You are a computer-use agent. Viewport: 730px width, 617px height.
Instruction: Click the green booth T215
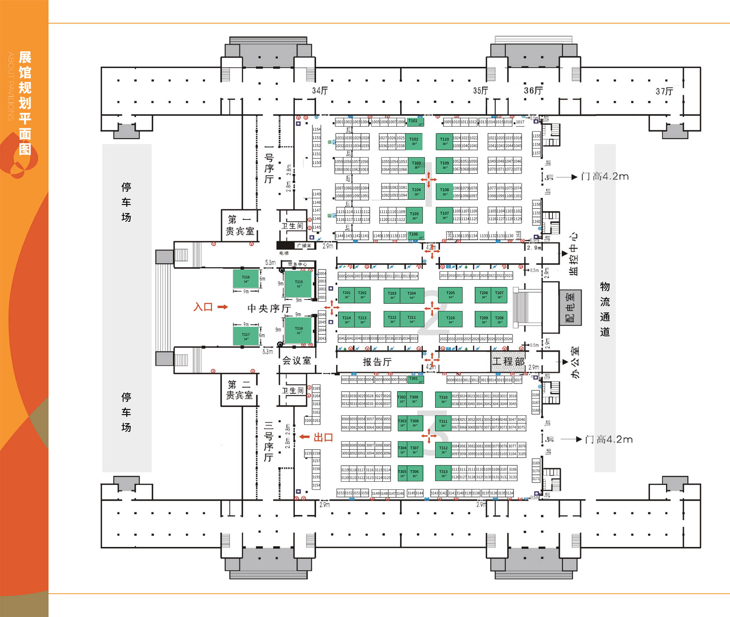point(299,284)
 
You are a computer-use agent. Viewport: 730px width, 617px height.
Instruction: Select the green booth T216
point(246,279)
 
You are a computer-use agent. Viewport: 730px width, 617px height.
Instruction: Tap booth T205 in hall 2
point(450,295)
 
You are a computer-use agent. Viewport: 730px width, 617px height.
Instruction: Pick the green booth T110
point(444,141)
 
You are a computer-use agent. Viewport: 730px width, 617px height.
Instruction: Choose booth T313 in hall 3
point(443,473)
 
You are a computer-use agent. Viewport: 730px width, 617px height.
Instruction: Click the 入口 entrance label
point(203,307)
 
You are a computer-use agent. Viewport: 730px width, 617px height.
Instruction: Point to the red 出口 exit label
point(323,437)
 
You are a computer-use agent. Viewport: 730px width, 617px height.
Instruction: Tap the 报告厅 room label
point(377,362)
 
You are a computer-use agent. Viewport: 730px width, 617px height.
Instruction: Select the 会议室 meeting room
point(296,361)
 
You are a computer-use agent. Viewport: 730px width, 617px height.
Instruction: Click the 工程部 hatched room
point(508,361)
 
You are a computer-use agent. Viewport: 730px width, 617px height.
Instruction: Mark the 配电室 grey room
point(570,307)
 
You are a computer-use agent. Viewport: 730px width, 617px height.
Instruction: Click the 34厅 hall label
point(320,90)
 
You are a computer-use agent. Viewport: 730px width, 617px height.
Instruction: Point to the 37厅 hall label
point(664,91)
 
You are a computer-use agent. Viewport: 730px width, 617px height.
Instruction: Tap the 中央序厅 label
point(269,308)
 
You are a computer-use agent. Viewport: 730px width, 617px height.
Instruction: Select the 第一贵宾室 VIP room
point(239,225)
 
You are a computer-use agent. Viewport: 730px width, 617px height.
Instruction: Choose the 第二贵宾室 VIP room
point(239,390)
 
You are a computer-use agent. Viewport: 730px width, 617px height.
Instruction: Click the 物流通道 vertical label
point(605,309)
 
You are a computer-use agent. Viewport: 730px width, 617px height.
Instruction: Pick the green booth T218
point(299,330)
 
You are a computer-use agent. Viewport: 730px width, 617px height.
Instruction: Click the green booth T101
point(415,122)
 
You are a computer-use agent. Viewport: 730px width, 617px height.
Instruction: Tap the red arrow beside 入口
point(222,307)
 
